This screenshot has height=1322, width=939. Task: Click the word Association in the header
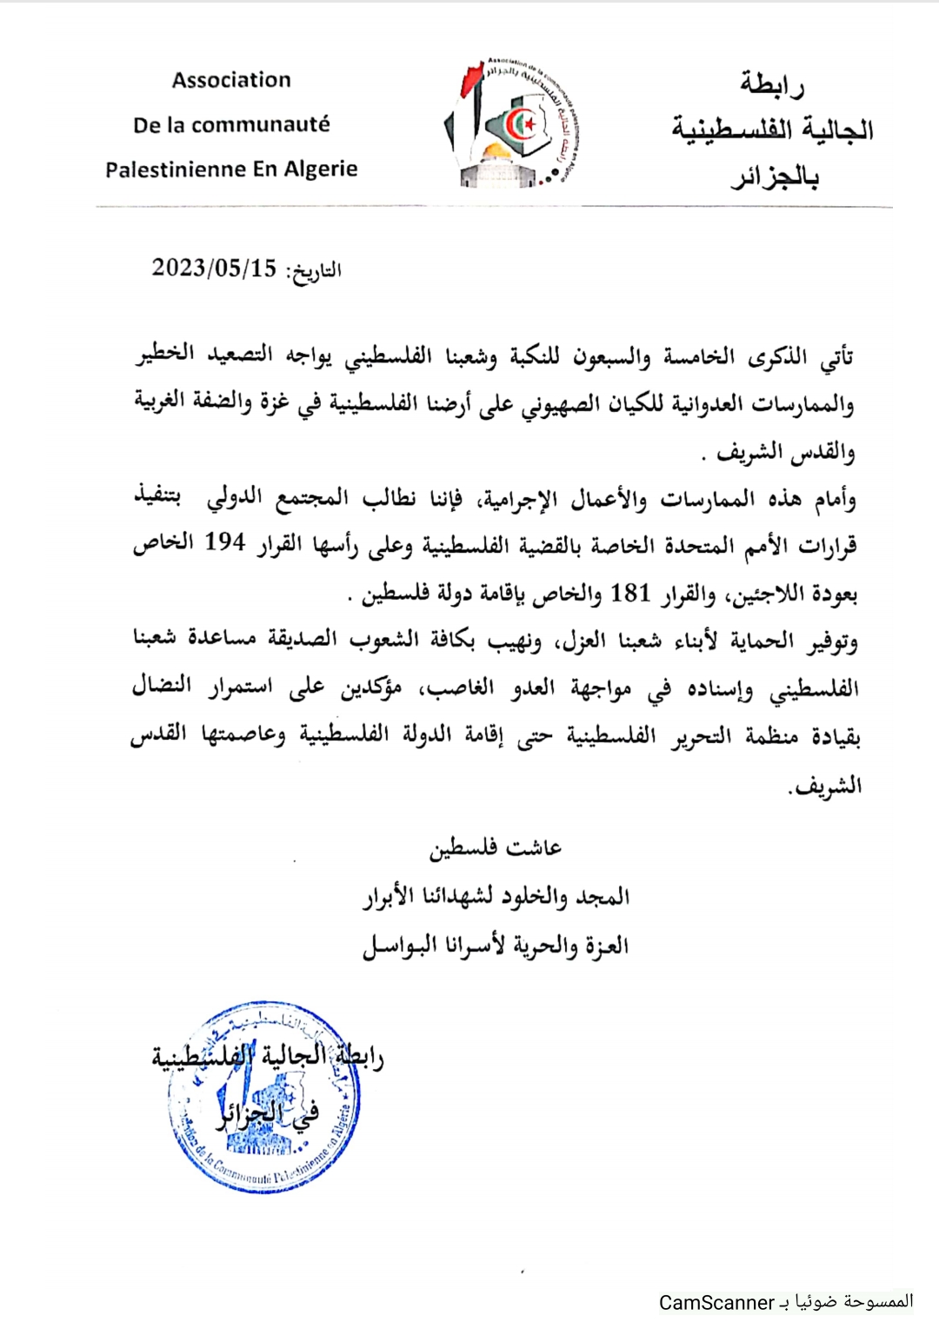(231, 80)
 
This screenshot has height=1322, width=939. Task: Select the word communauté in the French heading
(261, 125)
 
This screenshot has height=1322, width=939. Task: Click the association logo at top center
(511, 123)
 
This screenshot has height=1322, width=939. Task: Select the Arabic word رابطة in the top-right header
(772, 84)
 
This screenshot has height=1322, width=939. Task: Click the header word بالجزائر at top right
(775, 178)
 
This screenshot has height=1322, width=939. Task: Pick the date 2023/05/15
(214, 268)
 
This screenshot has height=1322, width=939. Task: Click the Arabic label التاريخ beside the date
(315, 271)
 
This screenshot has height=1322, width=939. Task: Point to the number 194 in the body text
(225, 542)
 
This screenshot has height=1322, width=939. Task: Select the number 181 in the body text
(630, 593)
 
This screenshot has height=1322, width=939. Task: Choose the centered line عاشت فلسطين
(496, 847)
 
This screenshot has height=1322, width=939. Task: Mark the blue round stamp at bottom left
(264, 1097)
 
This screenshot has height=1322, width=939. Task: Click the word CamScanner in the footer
(716, 1303)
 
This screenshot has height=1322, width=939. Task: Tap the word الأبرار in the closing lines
(391, 896)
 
